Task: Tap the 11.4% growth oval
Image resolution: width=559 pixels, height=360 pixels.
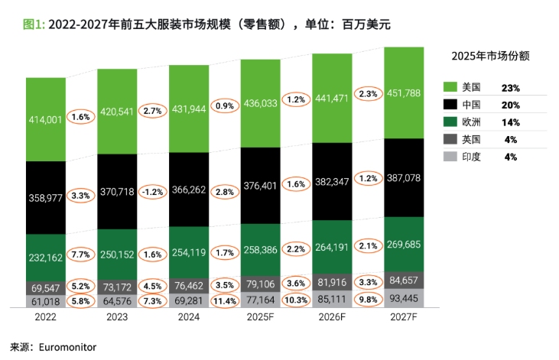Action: pos(224,299)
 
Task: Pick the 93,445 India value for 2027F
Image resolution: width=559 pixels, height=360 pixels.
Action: pos(410,297)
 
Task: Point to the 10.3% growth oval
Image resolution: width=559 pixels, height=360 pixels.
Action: pos(296,299)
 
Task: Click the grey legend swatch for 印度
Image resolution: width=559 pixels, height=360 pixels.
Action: pos(450,157)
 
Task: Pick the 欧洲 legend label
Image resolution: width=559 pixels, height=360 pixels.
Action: pos(473,122)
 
